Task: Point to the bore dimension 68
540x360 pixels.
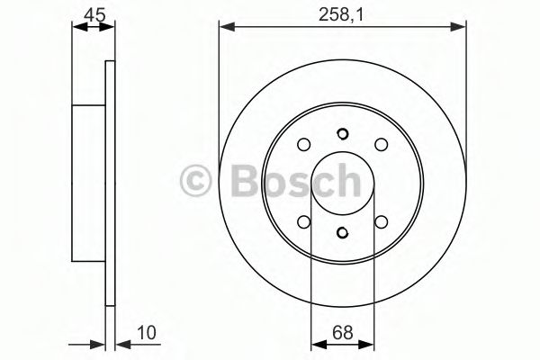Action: click(x=342, y=332)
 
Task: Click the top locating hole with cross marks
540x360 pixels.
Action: click(x=342, y=135)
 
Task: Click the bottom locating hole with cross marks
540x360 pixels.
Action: click(x=342, y=234)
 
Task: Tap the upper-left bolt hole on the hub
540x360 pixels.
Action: click(x=304, y=144)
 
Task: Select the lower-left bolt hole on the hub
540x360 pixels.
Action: click(x=304, y=220)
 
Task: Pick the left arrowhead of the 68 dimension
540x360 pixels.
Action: click(x=315, y=342)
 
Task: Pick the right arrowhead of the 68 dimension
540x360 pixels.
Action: click(x=369, y=342)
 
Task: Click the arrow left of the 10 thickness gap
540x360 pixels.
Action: click(x=99, y=342)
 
